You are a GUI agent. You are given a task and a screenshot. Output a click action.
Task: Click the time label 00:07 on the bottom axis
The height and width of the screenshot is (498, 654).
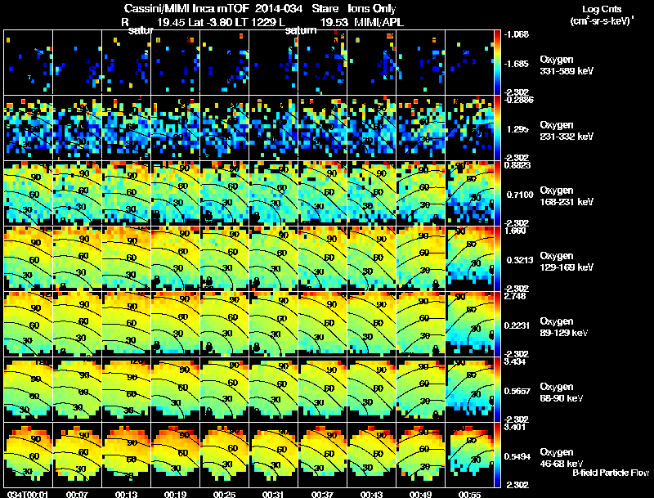(78, 493)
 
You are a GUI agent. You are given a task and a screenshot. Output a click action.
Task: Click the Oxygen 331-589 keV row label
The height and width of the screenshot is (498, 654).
(567, 65)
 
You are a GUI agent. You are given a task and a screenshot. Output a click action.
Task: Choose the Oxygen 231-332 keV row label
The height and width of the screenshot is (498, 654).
(567, 129)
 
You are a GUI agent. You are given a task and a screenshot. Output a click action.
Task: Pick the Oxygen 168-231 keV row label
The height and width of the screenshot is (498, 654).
(567, 195)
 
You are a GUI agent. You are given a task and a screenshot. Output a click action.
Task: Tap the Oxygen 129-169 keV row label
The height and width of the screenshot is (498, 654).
(567, 261)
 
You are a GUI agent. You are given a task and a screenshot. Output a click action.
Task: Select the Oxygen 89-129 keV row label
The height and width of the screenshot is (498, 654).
(567, 327)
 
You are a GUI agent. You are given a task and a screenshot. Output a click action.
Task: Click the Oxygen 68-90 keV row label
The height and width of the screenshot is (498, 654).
(565, 392)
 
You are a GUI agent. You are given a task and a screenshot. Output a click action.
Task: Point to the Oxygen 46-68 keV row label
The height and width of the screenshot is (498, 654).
(565, 456)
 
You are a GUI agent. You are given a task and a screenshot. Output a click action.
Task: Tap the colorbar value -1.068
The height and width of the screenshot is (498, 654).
(518, 34)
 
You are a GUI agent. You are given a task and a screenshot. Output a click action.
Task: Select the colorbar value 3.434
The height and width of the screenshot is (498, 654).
(518, 361)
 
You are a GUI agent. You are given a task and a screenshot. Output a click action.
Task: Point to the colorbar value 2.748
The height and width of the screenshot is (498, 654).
(518, 296)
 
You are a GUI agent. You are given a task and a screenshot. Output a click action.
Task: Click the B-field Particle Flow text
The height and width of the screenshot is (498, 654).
(611, 473)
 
